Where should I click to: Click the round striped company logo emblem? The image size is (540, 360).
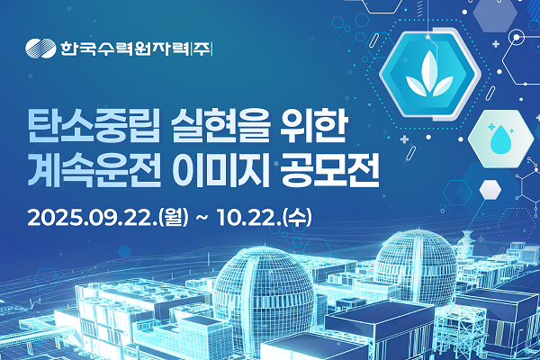pos(40,48)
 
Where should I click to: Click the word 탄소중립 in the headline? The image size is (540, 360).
pos(94,126)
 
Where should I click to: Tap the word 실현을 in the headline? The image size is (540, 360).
pos(220,126)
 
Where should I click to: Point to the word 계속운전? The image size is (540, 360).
pos(94,170)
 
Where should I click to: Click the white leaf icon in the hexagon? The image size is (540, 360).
pos(429,75)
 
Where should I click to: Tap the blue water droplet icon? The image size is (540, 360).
pos(500,139)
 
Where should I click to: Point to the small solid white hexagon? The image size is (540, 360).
pos(490,190)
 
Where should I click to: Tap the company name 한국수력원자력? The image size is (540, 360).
pos(125,49)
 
